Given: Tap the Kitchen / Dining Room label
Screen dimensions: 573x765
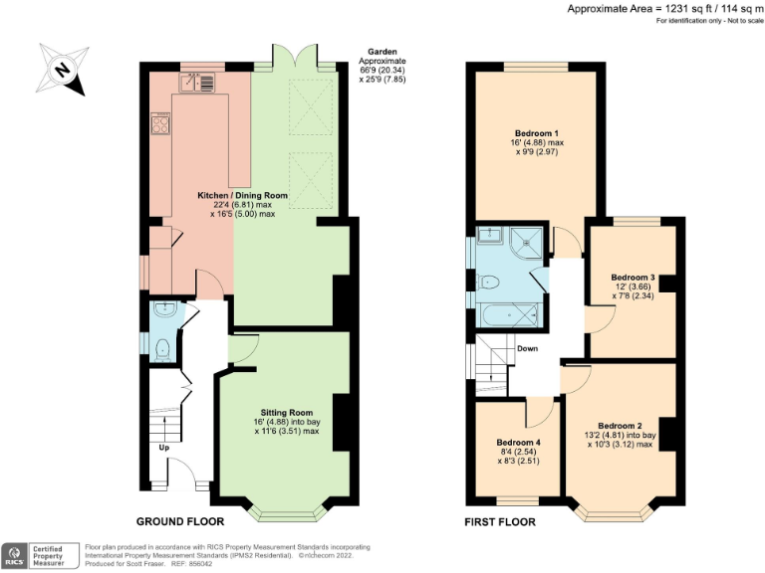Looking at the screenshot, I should pyautogui.click(x=243, y=196).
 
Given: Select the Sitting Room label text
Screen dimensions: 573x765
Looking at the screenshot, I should pyautogui.click(x=287, y=411).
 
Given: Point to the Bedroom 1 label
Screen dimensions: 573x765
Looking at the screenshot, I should pyautogui.click(x=536, y=133).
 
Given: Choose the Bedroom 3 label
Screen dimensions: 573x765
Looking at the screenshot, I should pyautogui.click(x=633, y=277).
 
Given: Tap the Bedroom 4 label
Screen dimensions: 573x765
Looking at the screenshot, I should pyautogui.click(x=518, y=444).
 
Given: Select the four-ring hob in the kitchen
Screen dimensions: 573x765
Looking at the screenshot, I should pyautogui.click(x=160, y=124).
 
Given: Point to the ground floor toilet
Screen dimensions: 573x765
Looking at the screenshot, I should pyautogui.click(x=162, y=348).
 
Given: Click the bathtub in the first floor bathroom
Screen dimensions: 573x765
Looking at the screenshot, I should pyautogui.click(x=508, y=316).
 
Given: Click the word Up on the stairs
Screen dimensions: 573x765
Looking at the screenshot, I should pyautogui.click(x=164, y=448).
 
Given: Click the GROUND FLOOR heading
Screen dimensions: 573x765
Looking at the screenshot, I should pyautogui.click(x=179, y=521).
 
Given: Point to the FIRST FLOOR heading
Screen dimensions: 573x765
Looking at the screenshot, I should pyautogui.click(x=500, y=521).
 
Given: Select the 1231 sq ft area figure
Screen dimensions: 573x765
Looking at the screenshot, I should pyautogui.click(x=677, y=9).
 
